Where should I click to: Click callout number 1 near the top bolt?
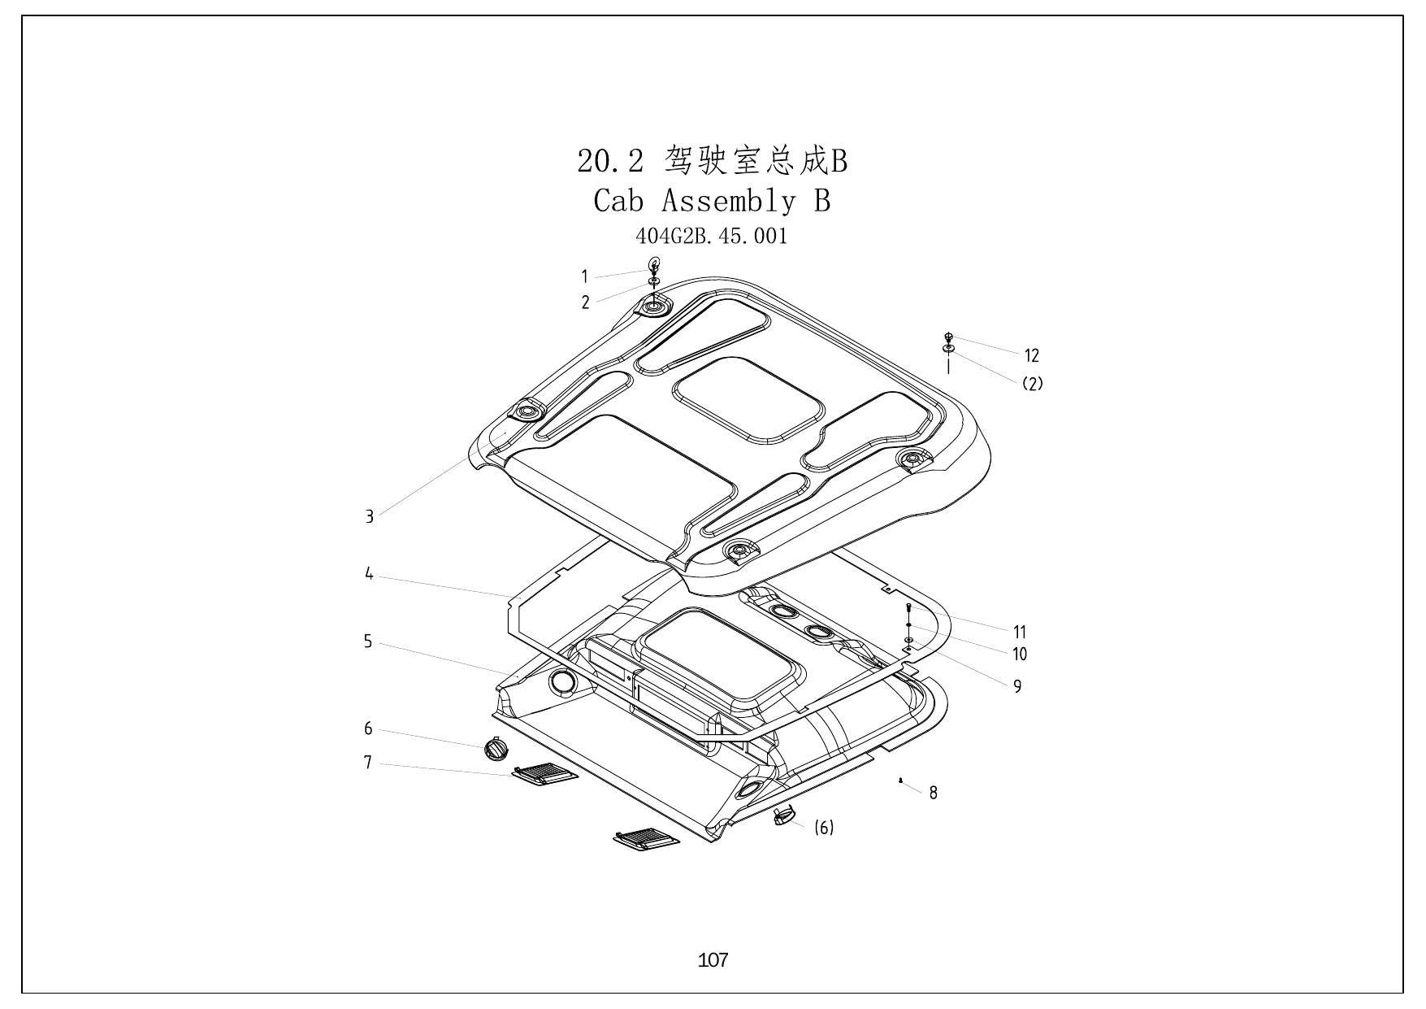coord(584,276)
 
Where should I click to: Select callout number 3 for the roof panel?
coord(370,516)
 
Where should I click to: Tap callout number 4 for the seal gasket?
coord(369,574)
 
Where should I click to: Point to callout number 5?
coord(368,641)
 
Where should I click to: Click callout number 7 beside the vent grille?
coord(368,763)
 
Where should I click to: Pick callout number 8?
coord(934,793)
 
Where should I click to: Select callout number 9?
coord(1017,687)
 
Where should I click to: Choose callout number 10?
coord(1020,654)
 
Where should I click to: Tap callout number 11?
coord(1020,632)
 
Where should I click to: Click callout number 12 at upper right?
coord(1031,355)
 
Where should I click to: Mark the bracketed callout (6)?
coord(824,828)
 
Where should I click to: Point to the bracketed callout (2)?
coord(1032,384)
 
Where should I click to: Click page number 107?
coord(713,960)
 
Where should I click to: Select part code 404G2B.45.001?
coord(711,237)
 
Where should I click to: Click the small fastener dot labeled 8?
coord(902,781)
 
